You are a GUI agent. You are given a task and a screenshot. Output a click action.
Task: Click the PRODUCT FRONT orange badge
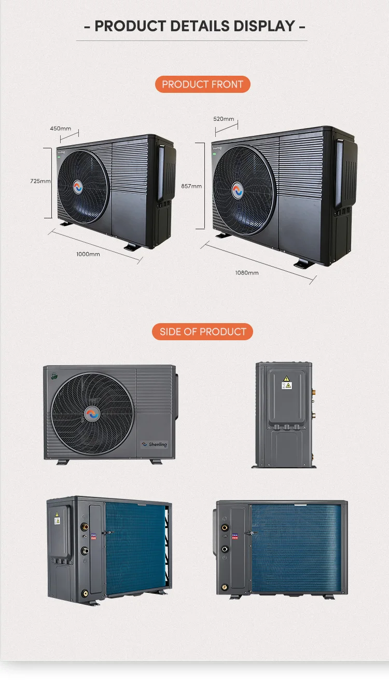coord(202,85)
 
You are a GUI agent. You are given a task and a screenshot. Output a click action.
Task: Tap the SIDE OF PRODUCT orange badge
coord(202,332)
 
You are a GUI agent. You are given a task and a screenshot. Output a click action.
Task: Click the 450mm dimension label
coord(61,128)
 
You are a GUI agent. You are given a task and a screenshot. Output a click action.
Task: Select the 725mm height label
coord(40,181)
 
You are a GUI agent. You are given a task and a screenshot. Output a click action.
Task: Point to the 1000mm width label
coord(88,254)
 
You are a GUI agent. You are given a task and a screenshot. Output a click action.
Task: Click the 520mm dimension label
coord(224,119)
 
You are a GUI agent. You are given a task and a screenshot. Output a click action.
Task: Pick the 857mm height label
coord(191,186)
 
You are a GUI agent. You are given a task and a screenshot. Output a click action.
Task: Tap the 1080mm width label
coord(246,272)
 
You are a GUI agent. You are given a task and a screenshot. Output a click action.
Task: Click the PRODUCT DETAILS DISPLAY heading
coord(195,26)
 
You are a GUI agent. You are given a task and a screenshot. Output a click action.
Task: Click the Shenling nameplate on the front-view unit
coord(155,444)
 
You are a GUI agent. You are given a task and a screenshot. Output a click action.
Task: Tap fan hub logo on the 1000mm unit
coord(78,187)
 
